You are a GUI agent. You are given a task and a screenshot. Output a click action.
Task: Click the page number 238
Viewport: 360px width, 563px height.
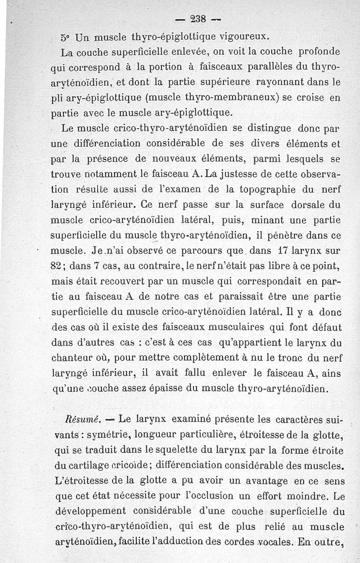(x=198, y=19)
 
